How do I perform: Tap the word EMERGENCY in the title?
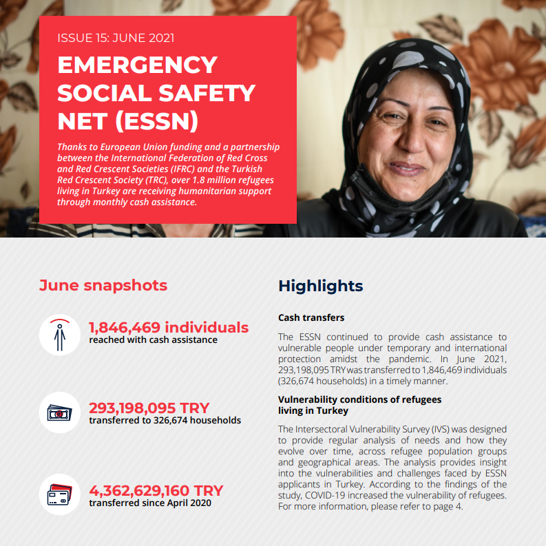[138, 65]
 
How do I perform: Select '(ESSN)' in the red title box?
[156, 120]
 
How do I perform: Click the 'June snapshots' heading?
[103, 285]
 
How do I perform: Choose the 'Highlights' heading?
[320, 286]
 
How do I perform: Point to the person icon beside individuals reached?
[60, 334]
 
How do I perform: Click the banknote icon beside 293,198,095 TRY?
[60, 413]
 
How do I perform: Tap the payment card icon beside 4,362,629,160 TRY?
[60, 495]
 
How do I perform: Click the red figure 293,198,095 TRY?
[149, 408]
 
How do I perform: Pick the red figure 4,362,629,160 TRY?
[156, 491]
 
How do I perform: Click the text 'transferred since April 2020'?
[150, 503]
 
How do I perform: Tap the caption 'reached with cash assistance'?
[153, 339]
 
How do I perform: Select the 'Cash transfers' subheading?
[311, 318]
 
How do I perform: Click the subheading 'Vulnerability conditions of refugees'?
[359, 399]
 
